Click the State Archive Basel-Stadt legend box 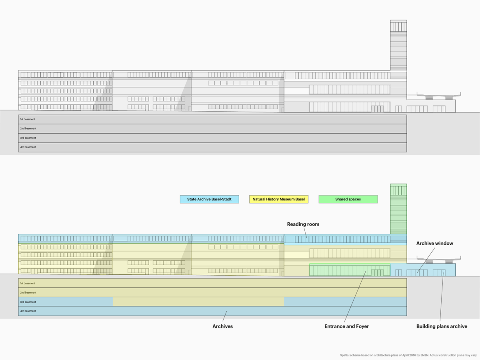pos(209,199)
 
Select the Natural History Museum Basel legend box pos(278,199)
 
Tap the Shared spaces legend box pos(348,199)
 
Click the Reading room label pos(303,224)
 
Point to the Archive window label pos(434,243)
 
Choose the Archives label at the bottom pos(223,326)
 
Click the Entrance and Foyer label pos(346,326)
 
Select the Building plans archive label pos(442,326)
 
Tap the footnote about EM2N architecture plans pos(408,355)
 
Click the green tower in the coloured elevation pos(398,209)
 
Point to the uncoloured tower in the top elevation pos(398,45)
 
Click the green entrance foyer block pos(350,270)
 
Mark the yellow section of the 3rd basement pos(198,302)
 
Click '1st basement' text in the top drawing pos(28,119)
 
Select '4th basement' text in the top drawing pos(28,147)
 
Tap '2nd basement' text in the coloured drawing pos(28,292)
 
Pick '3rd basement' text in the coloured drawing pos(28,302)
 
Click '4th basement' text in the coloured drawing pos(28,311)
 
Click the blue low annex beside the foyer pos(423,270)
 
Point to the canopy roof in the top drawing pos(439,96)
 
